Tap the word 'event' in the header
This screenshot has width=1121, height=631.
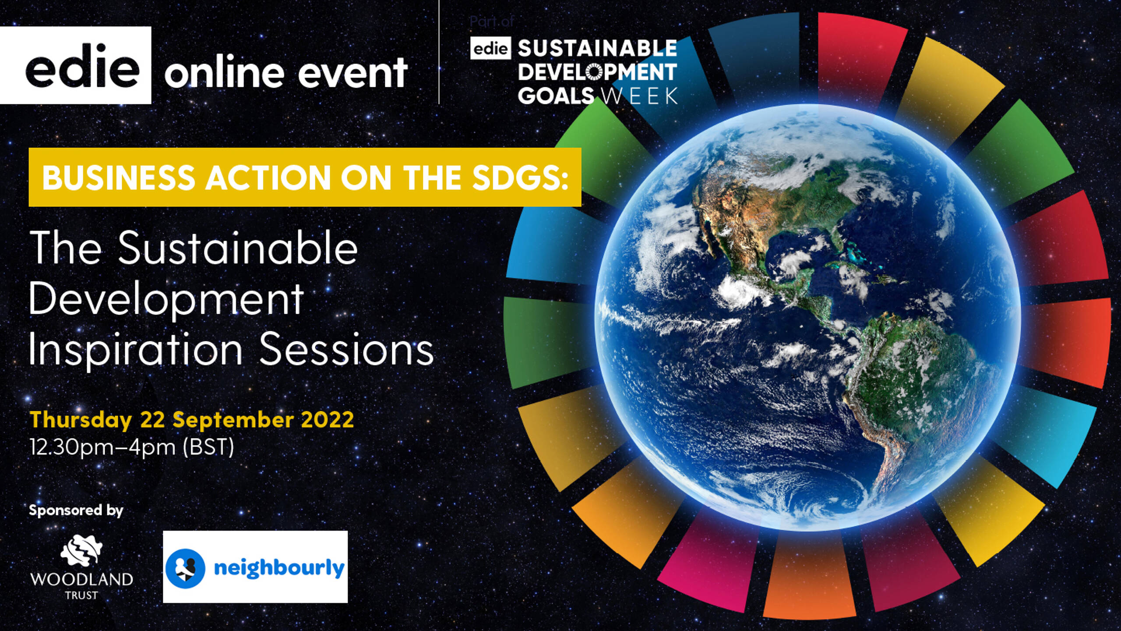[353, 73]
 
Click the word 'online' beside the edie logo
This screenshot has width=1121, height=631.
[224, 73]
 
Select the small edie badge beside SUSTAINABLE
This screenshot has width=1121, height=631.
[491, 49]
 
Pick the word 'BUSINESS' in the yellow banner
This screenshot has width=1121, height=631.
[118, 177]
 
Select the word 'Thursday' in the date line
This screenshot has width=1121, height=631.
[81, 420]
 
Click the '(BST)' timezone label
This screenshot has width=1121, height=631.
[208, 447]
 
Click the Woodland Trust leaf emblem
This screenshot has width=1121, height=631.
[81, 549]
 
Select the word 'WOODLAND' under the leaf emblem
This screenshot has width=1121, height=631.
[81, 579]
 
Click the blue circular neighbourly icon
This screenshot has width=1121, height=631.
[185, 568]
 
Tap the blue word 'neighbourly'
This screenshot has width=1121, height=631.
[279, 568]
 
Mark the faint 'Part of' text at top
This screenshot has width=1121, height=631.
[492, 21]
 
